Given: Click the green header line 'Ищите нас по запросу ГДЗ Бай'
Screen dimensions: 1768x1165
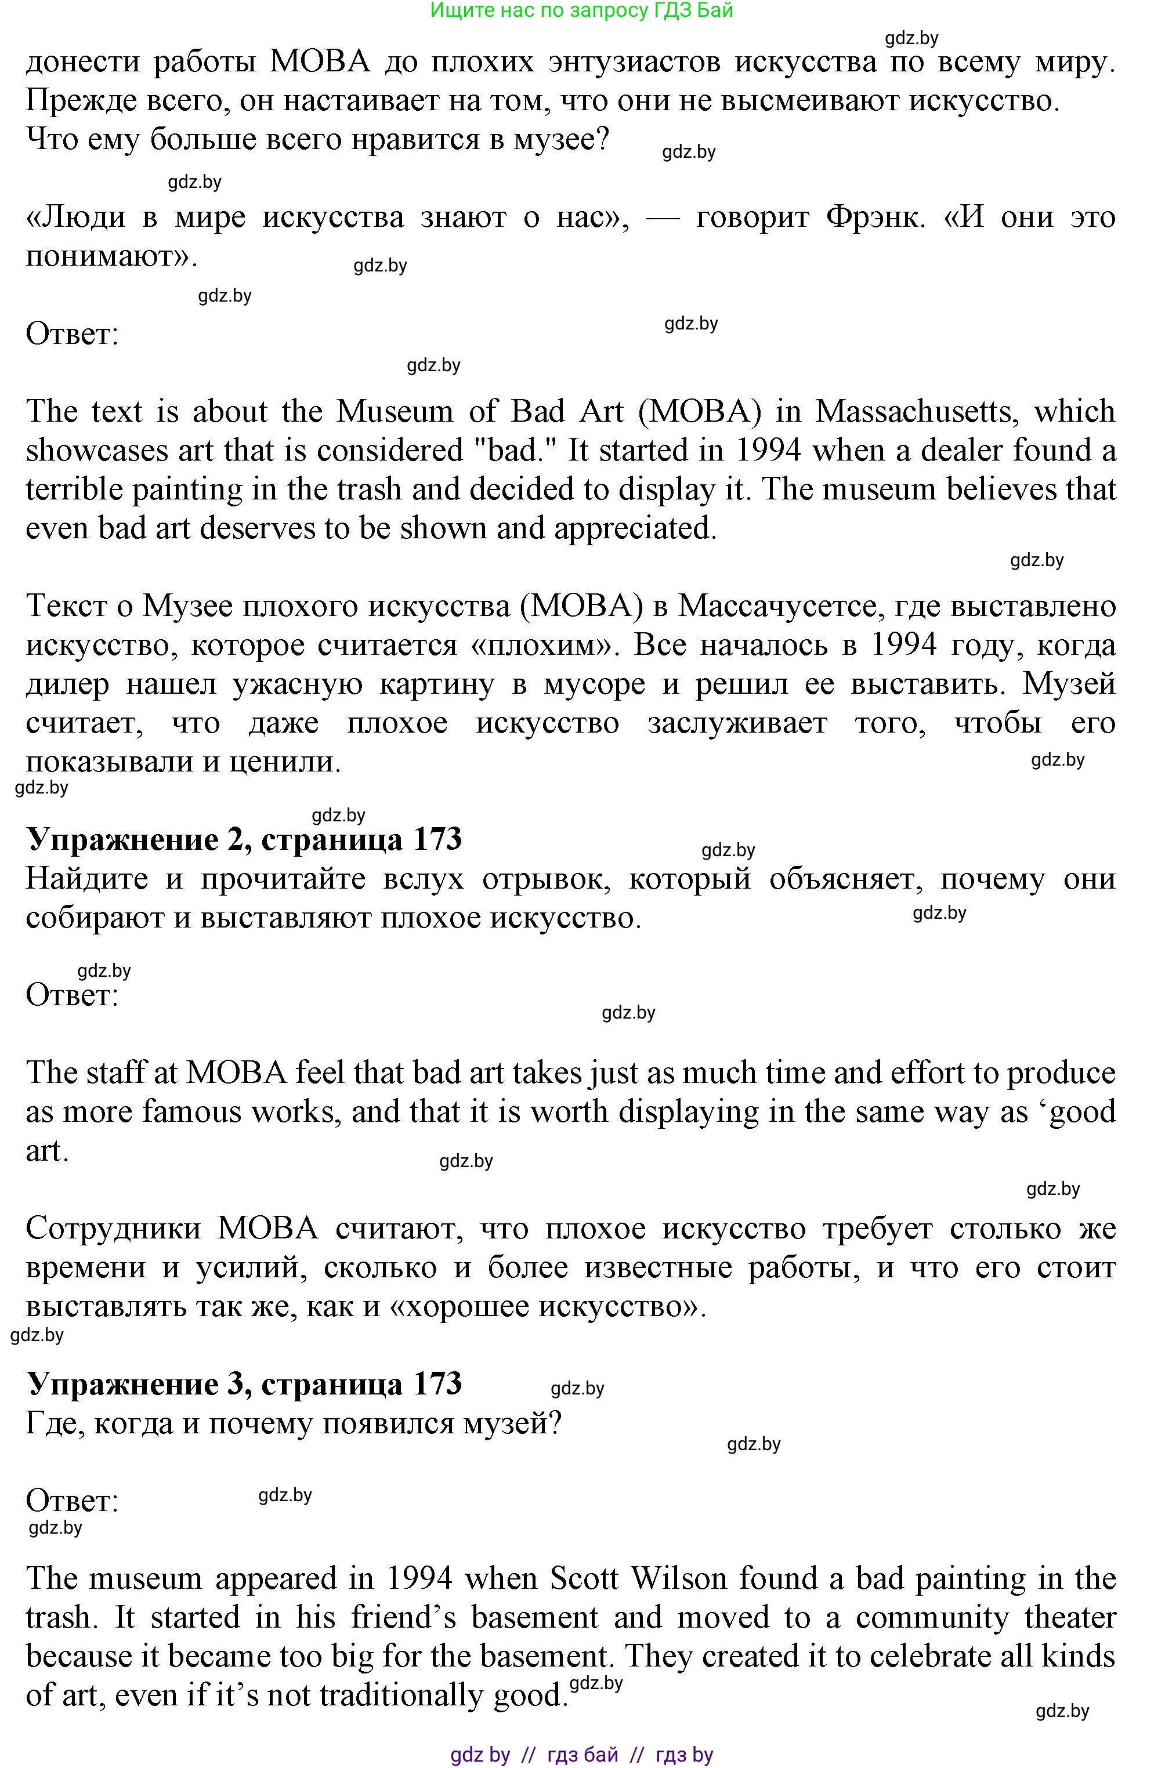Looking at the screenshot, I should tap(582, 10).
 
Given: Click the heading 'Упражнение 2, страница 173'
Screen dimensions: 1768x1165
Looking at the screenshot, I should tap(244, 839).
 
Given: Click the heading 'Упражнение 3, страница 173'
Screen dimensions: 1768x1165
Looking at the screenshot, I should tap(244, 1384).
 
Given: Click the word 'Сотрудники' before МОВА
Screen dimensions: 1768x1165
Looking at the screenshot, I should tap(113, 1228).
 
